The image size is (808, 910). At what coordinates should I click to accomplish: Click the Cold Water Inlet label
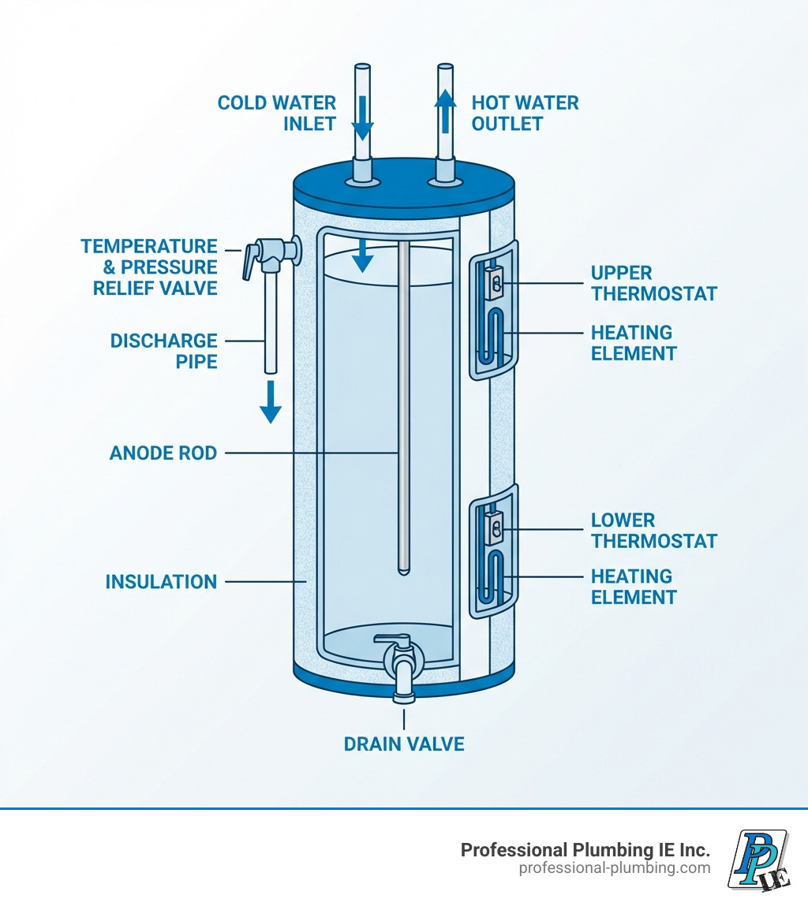pos(276,114)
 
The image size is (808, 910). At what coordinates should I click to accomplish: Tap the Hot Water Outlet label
pos(525,114)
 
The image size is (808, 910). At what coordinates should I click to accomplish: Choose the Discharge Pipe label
pos(163,351)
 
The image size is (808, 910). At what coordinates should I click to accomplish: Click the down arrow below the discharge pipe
pos(271,401)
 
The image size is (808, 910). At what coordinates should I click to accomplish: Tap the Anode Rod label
pos(163,453)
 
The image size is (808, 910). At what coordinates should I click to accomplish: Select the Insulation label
pos(161,582)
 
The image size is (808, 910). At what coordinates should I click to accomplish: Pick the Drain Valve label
pos(404,744)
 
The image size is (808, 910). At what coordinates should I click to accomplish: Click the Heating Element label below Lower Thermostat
pos(634,587)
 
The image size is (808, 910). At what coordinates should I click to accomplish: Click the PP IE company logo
pos(758,860)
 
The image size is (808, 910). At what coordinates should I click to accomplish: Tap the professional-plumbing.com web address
pos(614,868)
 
